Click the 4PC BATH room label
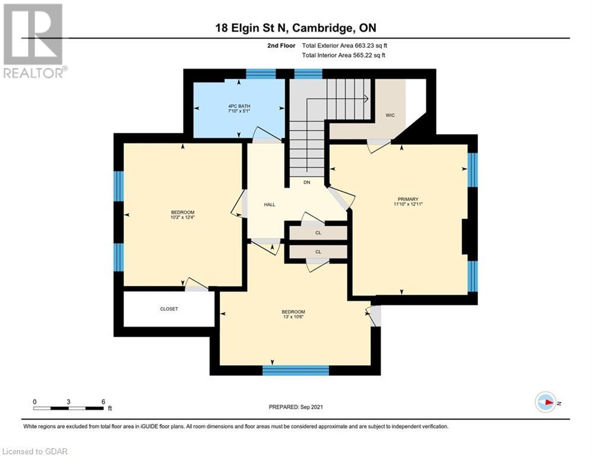tap(239, 106)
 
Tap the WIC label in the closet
tap(390, 115)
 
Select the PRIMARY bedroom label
tap(408, 199)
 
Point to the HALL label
tap(270, 205)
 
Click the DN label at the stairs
tap(307, 182)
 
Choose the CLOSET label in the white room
tap(169, 309)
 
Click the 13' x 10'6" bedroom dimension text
tap(293, 317)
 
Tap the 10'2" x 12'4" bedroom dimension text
tap(182, 217)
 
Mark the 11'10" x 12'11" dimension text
tap(408, 204)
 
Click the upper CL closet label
tap(318, 233)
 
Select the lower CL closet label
tap(318, 252)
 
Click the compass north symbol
tap(546, 403)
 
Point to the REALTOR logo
tap(34, 41)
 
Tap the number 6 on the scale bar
tap(103, 402)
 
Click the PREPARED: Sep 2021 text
tap(296, 407)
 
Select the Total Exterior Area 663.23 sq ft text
tap(345, 46)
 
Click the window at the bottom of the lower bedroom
tap(296, 370)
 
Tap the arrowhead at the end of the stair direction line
tap(366, 99)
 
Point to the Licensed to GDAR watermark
tap(35, 451)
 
